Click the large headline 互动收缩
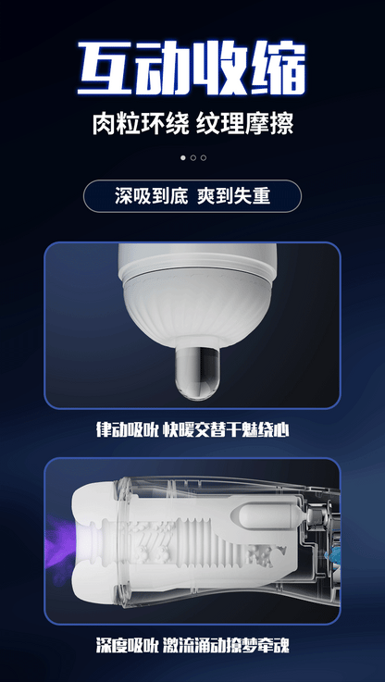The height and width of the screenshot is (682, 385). [x=192, y=68]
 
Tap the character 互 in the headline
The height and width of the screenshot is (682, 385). [x=106, y=68]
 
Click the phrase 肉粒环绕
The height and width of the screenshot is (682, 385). [x=141, y=124]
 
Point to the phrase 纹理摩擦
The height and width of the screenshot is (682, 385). [x=245, y=124]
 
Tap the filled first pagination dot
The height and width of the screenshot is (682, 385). [x=182, y=158]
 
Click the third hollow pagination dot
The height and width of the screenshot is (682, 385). [x=204, y=158]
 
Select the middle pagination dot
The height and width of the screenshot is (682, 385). [x=193, y=158]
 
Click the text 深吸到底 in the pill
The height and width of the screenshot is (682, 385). [x=152, y=196]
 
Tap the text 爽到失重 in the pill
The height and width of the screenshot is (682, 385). [x=233, y=196]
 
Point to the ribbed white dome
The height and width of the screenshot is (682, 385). [x=197, y=305]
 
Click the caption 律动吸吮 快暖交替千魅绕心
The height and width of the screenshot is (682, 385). [x=192, y=430]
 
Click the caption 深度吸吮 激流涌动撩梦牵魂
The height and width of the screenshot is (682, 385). [x=192, y=645]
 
